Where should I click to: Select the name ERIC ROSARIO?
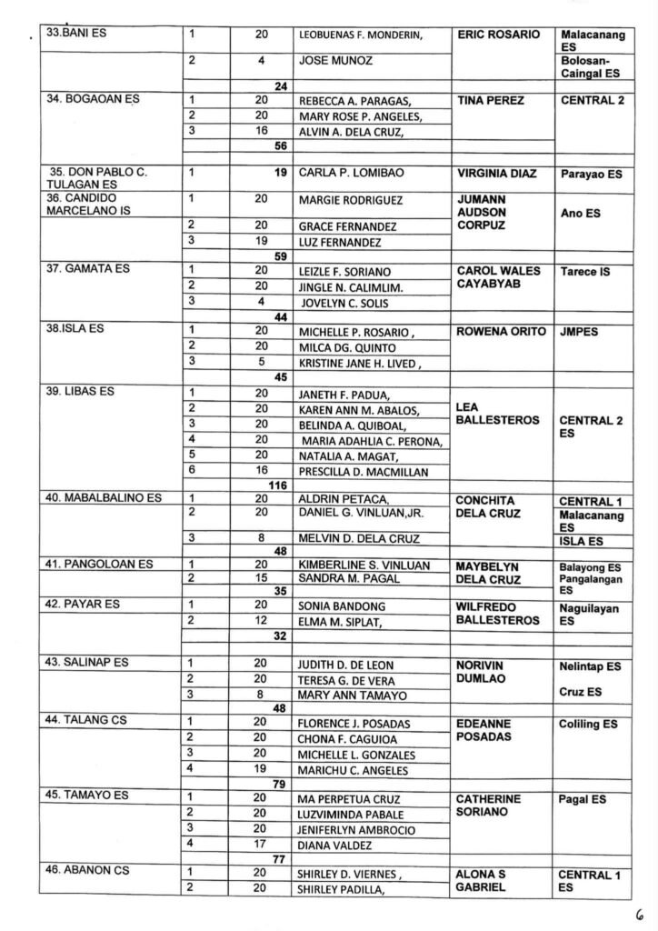point(499,35)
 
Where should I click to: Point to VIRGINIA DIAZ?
point(499,173)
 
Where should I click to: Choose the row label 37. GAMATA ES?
point(89,270)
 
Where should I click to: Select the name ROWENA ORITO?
point(499,332)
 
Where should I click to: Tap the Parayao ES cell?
point(591,174)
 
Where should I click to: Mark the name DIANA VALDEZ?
point(335,846)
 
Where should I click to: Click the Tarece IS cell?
point(586,271)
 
